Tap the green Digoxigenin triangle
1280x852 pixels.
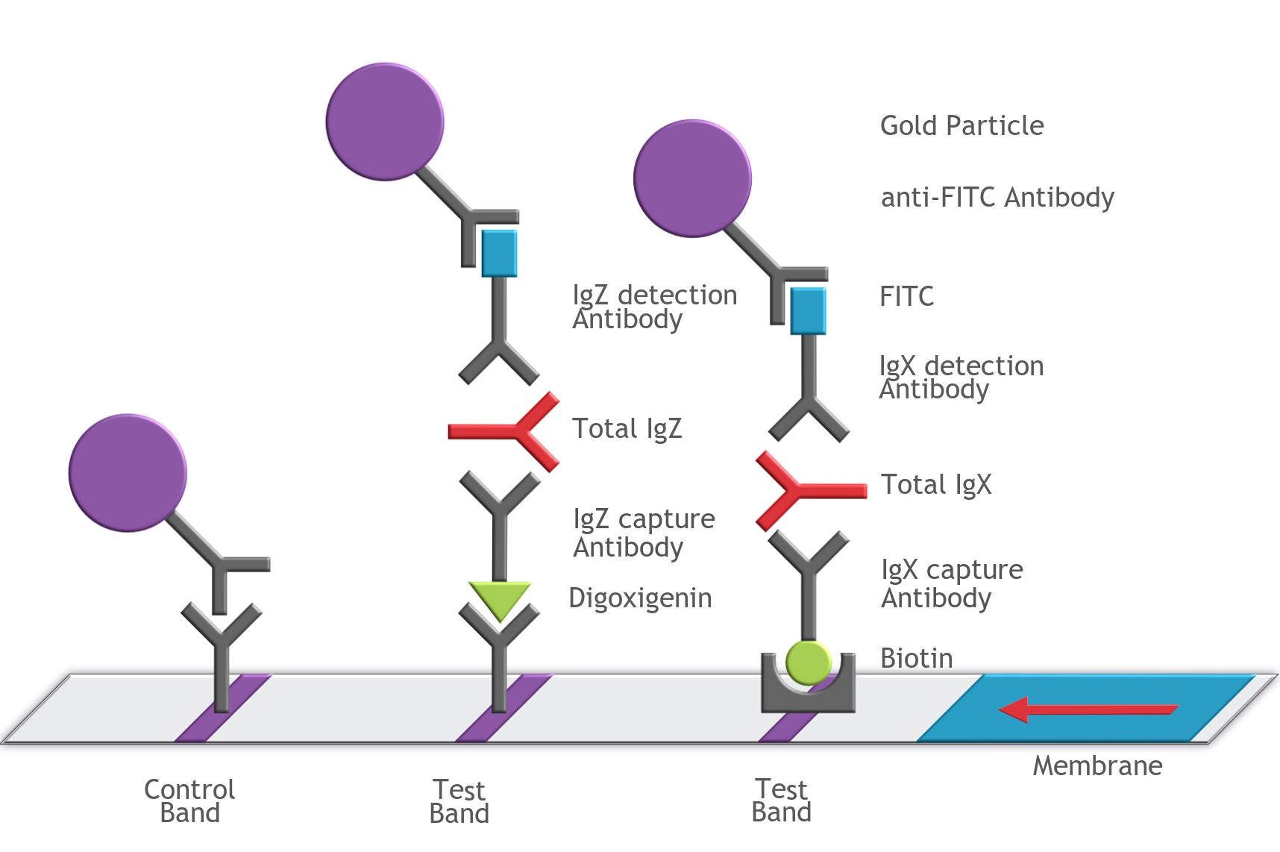500,598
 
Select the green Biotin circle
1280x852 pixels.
809,663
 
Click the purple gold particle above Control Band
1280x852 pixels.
128,473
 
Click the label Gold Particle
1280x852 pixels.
961,125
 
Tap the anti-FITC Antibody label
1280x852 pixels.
997,197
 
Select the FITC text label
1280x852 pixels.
906,296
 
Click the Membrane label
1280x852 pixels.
1097,765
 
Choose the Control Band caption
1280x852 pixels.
189,801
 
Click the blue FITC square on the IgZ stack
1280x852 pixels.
499,253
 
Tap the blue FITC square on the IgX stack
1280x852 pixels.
808,310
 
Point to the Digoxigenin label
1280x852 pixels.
640,598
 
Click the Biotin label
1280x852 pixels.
916,658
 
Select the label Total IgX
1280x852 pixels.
936,484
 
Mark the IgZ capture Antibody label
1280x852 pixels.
643,533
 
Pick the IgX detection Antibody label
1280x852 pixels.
961,377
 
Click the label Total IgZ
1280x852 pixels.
627,428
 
